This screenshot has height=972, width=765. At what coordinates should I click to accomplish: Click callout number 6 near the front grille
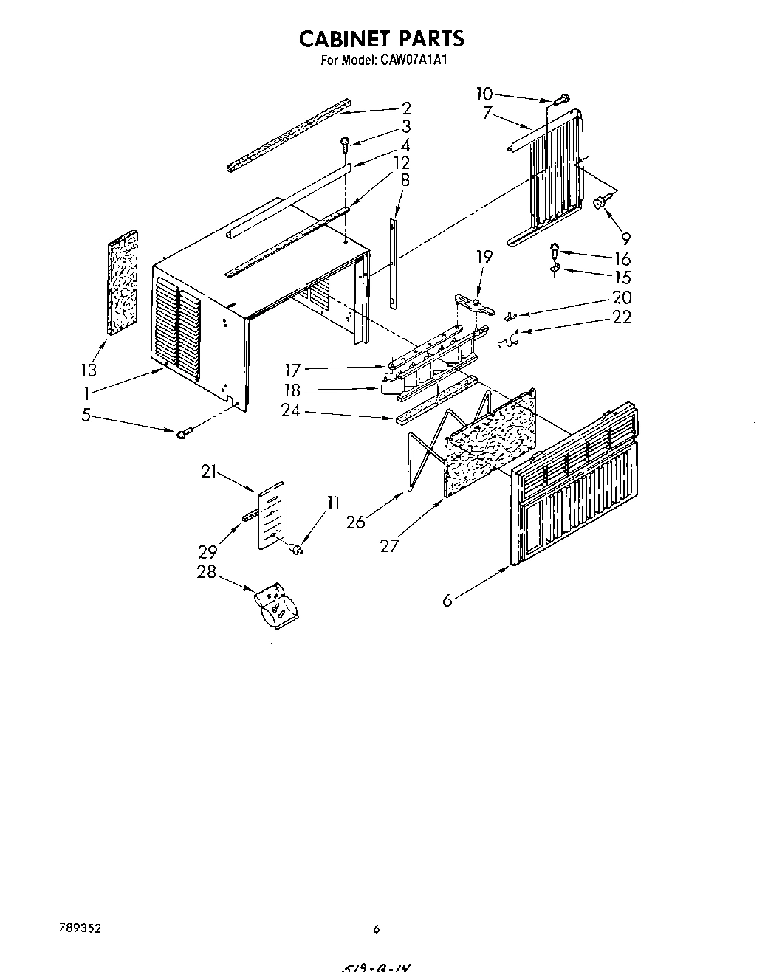point(447,601)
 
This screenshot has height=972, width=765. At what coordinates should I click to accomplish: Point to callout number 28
point(207,571)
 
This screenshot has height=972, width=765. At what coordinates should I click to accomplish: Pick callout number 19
point(484,257)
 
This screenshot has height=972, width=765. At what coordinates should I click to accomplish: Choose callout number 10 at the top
point(484,94)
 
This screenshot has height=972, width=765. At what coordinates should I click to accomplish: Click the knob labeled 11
point(298,548)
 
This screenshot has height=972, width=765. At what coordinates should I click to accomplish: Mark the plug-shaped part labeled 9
point(603,201)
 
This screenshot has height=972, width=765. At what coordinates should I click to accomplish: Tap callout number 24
point(291,410)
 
